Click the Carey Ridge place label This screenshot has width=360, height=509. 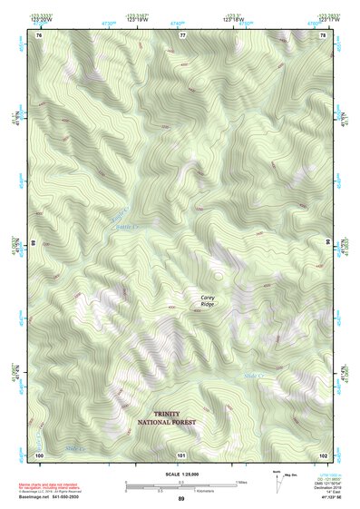coord(209,300)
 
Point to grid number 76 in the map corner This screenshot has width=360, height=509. coord(39,34)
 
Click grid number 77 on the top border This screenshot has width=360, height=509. coord(182,34)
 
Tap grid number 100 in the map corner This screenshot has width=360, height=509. coord(39,455)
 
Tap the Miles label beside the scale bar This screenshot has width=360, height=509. coord(242,482)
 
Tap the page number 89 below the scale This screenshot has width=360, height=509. coord(181,501)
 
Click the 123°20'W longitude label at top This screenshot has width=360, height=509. coord(39,18)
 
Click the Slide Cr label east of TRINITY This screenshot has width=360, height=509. coord(254,376)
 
